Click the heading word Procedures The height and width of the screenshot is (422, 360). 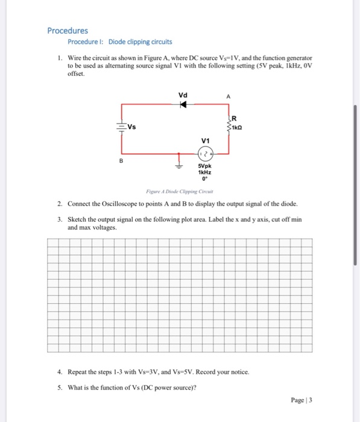point(68,30)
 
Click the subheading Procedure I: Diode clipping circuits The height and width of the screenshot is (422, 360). point(119,42)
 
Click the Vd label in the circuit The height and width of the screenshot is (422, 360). point(183,95)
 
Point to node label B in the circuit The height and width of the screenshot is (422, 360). point(121,161)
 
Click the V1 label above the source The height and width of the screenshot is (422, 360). point(206,139)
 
